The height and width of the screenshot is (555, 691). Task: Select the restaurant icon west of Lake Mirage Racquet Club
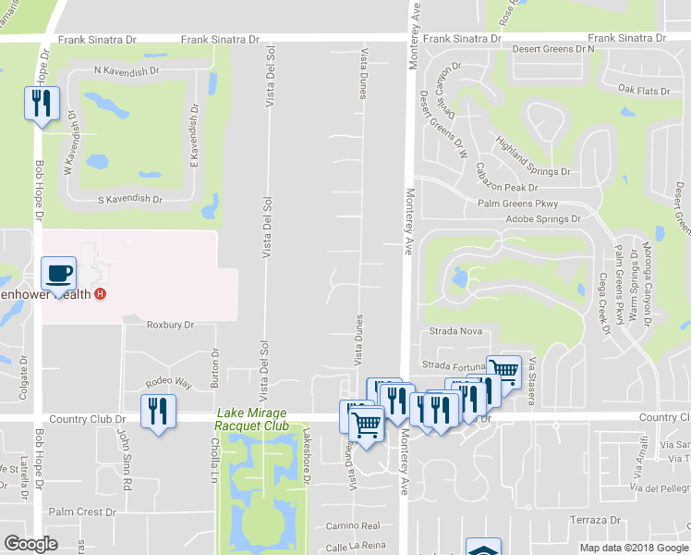coord(158,412)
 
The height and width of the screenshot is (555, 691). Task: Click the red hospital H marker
coord(101,294)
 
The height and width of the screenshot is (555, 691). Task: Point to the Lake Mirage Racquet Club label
coord(250,419)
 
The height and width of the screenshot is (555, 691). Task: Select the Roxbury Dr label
coord(170,325)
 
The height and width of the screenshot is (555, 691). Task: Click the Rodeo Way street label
coord(168,382)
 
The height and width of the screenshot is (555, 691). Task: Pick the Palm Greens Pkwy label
coord(520,203)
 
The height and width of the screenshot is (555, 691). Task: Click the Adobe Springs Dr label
coord(543,219)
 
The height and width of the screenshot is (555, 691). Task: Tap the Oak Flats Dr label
coord(643,90)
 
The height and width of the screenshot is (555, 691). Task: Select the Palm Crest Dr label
coord(82,512)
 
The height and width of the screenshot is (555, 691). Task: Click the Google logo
coord(31,544)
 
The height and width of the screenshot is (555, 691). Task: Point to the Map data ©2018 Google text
coord(633,548)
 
